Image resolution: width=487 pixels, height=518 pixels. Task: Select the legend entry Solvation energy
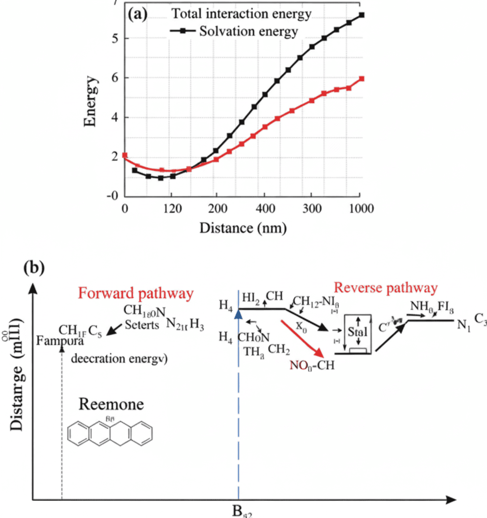[249, 32]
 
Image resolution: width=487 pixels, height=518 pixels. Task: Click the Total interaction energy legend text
[242, 14]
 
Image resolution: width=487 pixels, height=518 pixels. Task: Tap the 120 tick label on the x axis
[171, 207]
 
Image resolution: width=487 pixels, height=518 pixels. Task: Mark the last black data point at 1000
[361, 15]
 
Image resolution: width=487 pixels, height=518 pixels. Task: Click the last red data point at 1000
[361, 78]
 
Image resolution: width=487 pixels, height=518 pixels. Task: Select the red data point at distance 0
[125, 155]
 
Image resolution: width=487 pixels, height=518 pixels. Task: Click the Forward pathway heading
[135, 294]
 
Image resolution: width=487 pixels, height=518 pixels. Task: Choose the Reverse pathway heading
[385, 288]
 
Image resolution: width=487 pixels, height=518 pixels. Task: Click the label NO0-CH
[310, 365]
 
